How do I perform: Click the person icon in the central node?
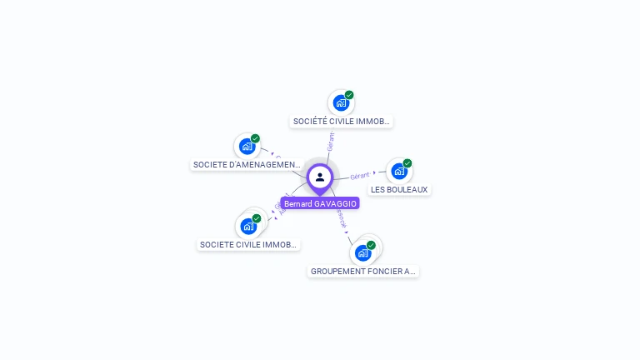(x=320, y=177)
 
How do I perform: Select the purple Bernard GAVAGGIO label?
(x=320, y=203)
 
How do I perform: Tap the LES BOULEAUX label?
(x=399, y=190)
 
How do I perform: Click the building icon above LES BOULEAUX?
(x=399, y=172)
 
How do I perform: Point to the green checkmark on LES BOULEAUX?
(x=407, y=163)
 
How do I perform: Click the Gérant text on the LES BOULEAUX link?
(x=360, y=176)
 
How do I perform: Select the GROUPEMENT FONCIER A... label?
(x=362, y=272)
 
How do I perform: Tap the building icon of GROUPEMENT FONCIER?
(x=362, y=252)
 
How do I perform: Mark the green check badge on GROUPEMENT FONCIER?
(x=371, y=245)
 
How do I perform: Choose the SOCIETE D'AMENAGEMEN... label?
(x=247, y=165)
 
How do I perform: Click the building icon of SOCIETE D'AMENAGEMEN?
(x=247, y=147)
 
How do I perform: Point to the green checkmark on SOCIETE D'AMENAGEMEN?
(x=255, y=138)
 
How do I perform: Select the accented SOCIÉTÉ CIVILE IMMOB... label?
(x=341, y=122)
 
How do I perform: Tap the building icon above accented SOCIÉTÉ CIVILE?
(x=341, y=102)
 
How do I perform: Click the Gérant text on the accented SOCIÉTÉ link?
(x=331, y=141)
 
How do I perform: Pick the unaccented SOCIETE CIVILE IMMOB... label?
(x=248, y=245)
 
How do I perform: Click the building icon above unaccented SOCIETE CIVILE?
(x=248, y=226)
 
